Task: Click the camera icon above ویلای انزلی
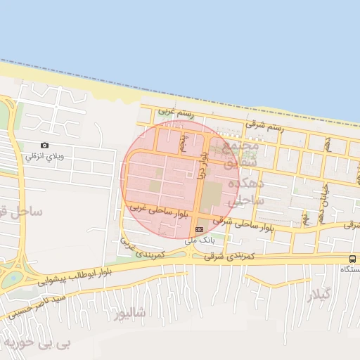(x=45, y=146)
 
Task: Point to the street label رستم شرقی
(x=265, y=127)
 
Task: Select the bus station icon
(x=352, y=259)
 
